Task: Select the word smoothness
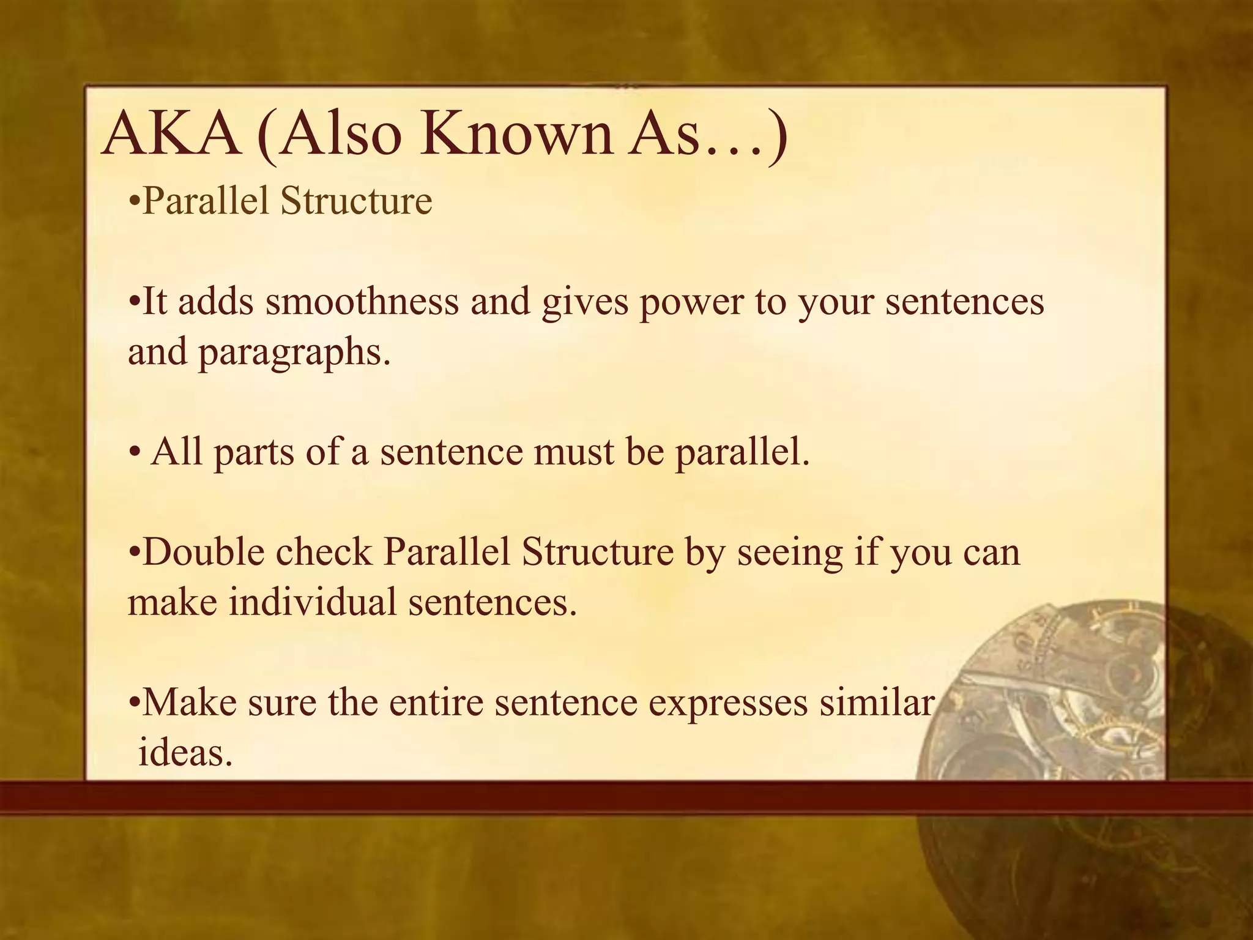tap(362, 302)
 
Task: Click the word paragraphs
tap(294, 354)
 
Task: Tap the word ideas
tap(185, 753)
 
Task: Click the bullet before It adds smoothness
tap(135, 304)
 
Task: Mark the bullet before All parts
tap(135, 454)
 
